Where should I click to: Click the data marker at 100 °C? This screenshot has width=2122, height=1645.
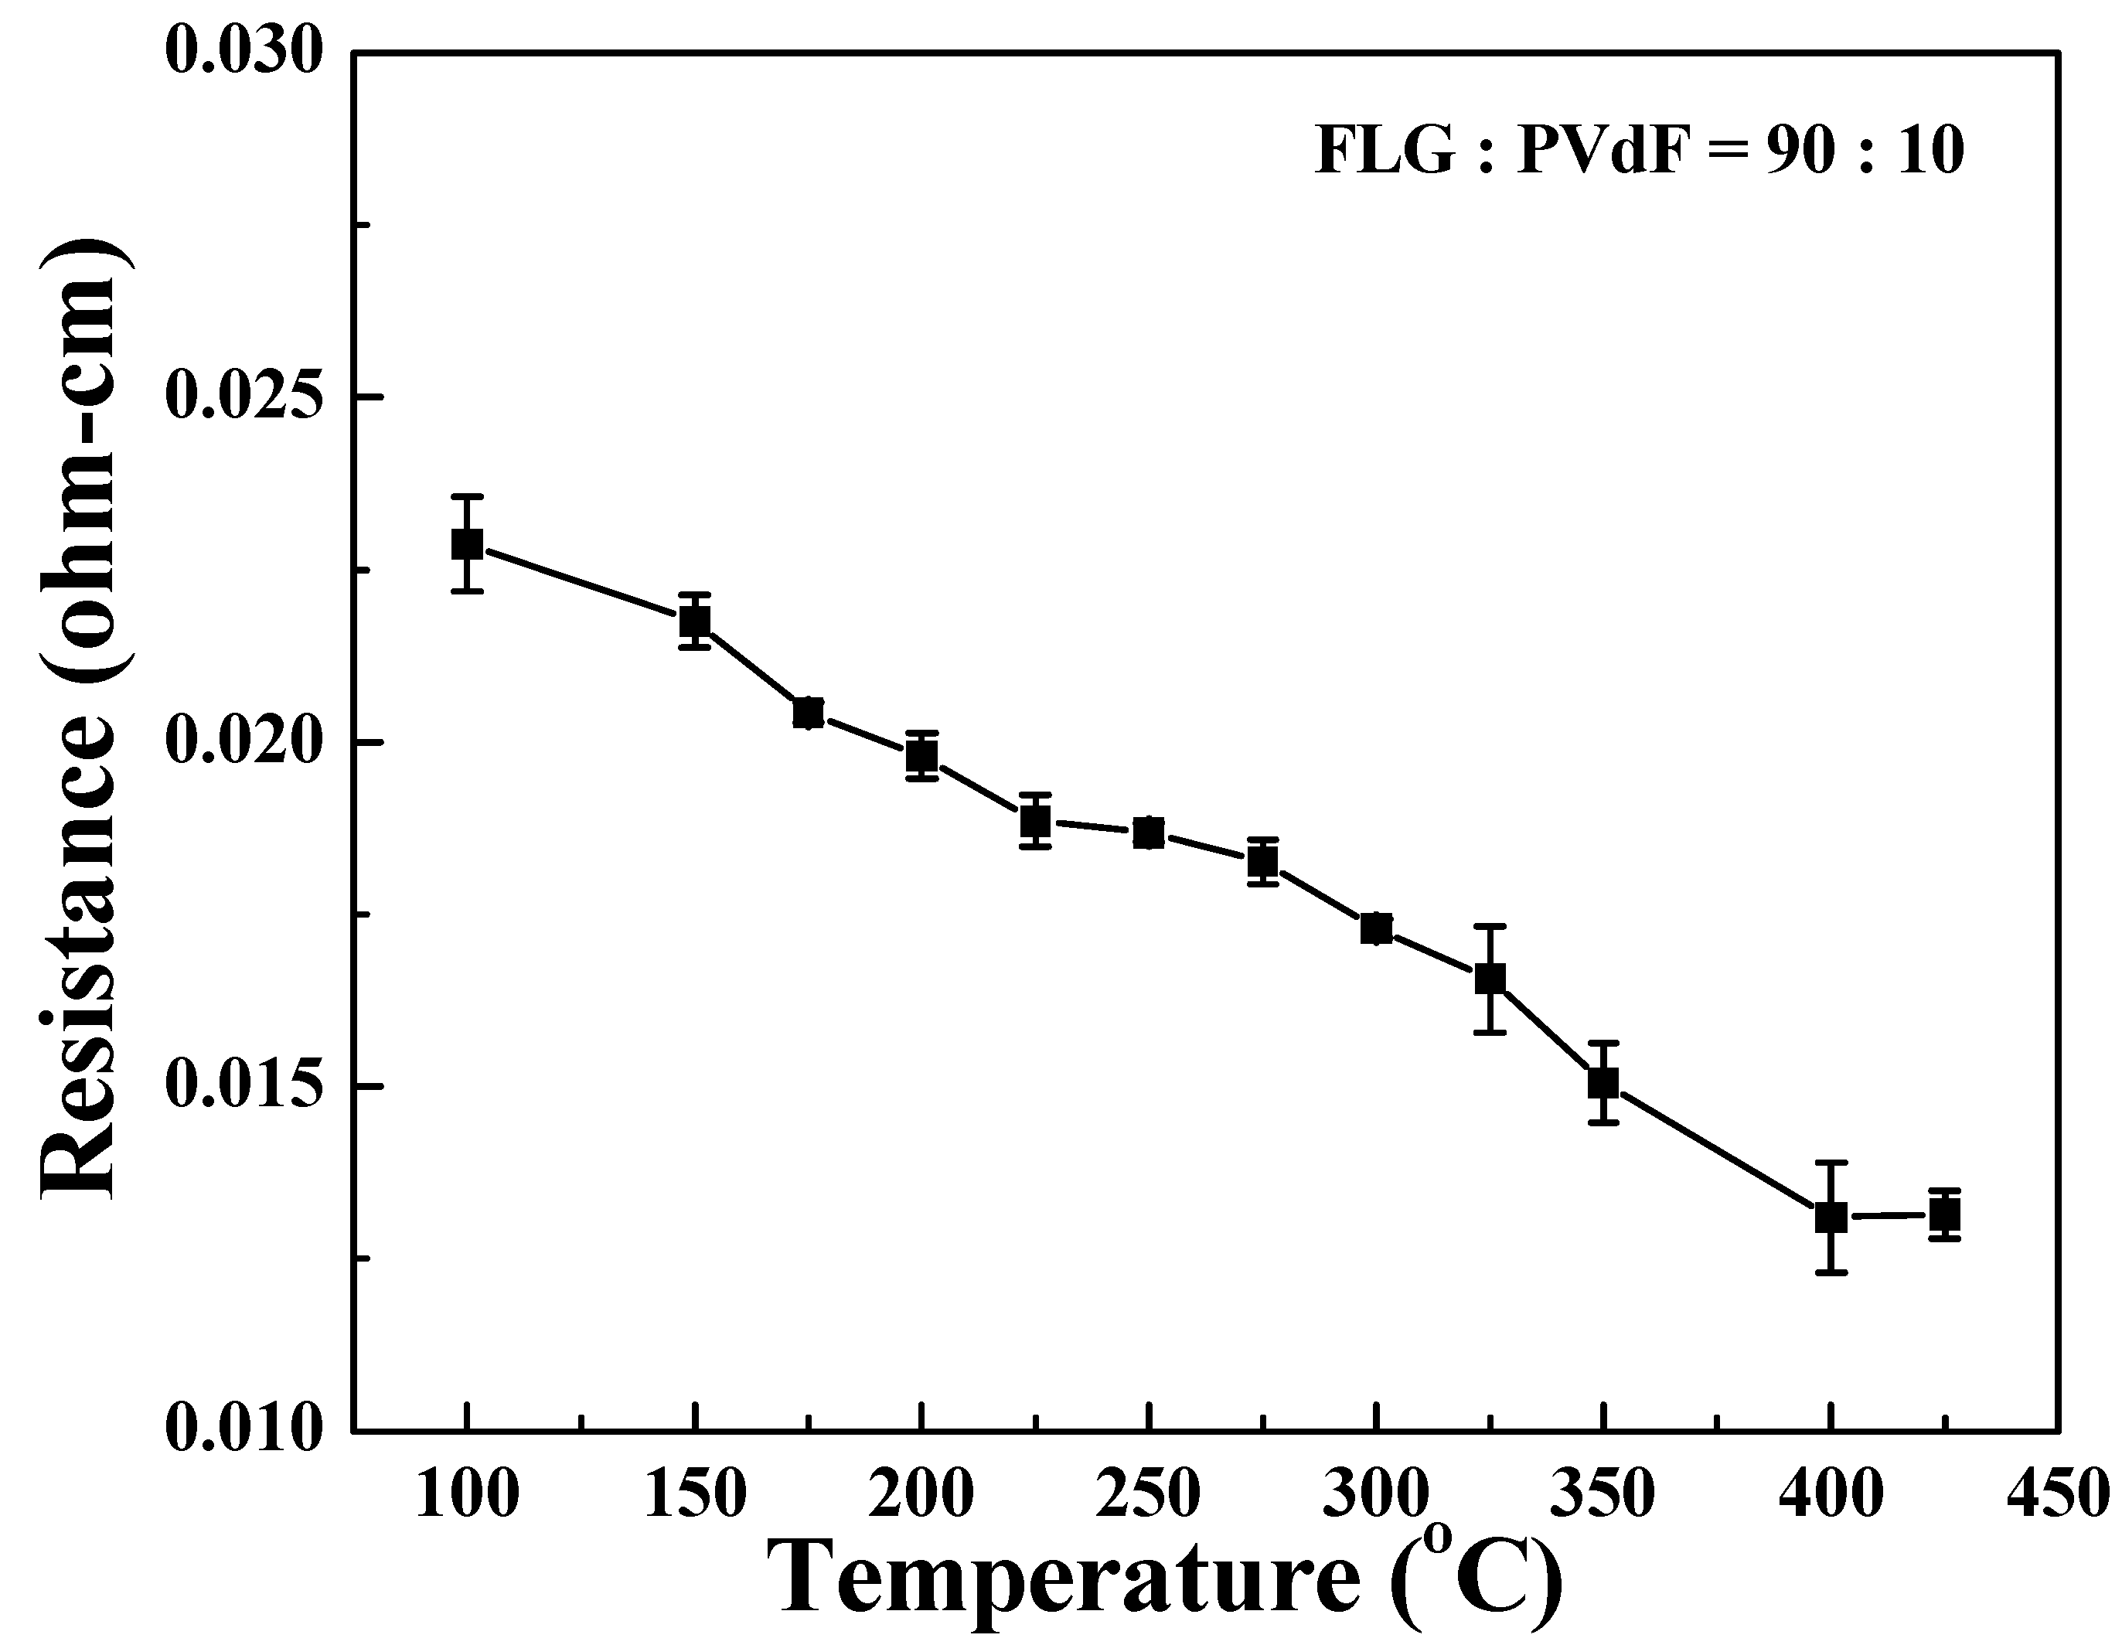tap(468, 544)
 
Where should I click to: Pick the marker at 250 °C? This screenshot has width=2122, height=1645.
tap(1149, 833)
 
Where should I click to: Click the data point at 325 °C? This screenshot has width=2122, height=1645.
tap(1490, 979)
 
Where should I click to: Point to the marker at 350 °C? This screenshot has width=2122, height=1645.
tap(1603, 1081)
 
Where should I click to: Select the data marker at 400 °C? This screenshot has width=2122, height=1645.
tap(1831, 1217)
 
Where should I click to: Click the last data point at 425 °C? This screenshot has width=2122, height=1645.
tap(1945, 1214)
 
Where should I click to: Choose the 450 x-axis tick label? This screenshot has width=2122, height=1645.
tap(2058, 1493)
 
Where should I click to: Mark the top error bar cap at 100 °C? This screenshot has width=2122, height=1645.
tap(468, 496)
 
